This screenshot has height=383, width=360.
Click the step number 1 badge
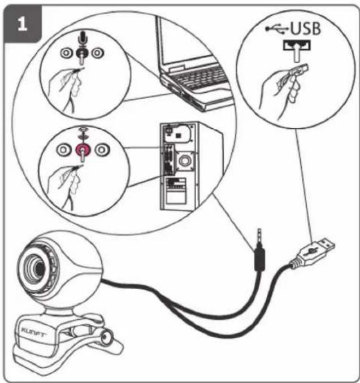pos(23,24)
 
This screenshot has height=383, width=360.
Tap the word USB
pos(305,28)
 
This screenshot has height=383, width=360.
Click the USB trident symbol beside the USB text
pos(277,29)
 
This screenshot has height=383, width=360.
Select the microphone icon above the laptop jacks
pos(83,38)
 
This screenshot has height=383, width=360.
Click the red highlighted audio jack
pos(83,150)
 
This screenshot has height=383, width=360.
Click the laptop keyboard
pos(201,78)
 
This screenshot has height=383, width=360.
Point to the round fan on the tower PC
pos(184,161)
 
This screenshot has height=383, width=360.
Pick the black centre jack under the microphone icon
pos(81,53)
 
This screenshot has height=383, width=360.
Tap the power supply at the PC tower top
pos(177,133)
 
